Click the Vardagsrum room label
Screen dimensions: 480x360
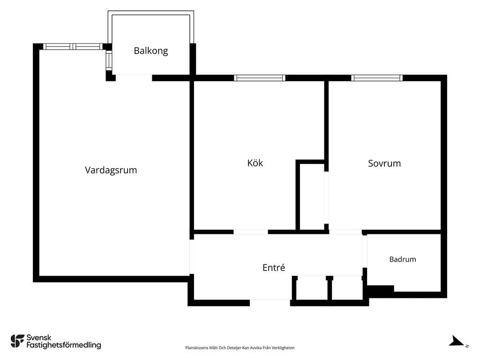(111, 170)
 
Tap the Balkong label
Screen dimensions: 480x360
(151, 51)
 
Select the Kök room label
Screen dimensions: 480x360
(255, 163)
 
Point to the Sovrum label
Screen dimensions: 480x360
(384, 164)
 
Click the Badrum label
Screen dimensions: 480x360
(403, 259)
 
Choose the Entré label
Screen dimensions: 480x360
(274, 268)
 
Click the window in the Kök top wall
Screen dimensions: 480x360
(260, 78)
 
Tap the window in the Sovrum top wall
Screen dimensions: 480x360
(377, 78)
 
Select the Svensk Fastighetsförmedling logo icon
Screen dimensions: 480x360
(17, 341)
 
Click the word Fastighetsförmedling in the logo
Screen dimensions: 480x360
(64, 345)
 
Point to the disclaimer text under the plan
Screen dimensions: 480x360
(240, 348)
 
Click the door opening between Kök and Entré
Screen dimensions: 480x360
(251, 232)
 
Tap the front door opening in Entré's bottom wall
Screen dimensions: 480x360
(270, 303)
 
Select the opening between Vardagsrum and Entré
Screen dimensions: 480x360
(192, 256)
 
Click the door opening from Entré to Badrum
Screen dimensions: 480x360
(365, 251)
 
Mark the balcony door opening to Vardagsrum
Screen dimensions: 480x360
(134, 78)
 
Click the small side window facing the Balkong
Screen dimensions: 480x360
(109, 60)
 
